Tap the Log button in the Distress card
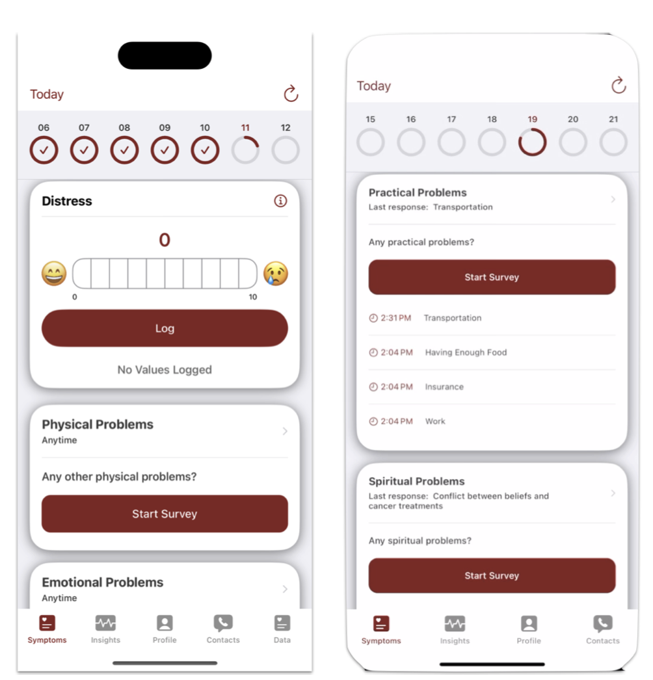pos(165,328)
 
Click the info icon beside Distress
pos(280,201)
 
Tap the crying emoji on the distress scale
pos(276,274)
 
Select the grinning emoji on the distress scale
pos(54,274)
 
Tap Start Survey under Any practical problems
pos(492,277)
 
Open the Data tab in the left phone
pos(282,629)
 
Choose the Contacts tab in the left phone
pos(223,629)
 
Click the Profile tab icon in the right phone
pos(529,623)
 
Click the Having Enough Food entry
pos(466,352)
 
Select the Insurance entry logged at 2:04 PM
pos(444,387)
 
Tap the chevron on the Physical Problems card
pos(285,431)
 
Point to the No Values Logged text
pos(165,369)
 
